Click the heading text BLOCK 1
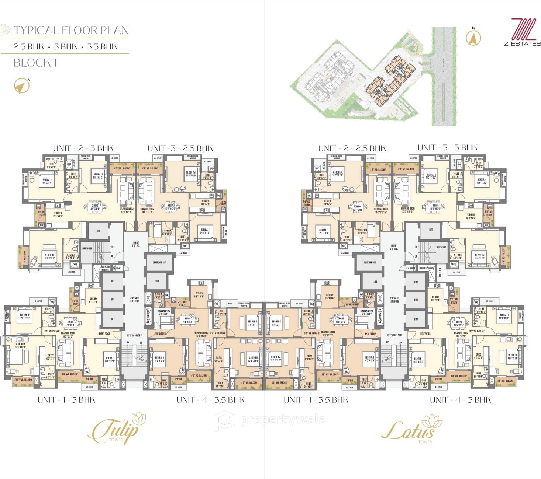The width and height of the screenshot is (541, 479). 35,63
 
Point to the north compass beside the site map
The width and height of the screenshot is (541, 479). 473,37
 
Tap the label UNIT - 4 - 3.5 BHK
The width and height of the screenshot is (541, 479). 210,400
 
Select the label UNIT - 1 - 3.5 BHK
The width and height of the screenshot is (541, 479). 316,400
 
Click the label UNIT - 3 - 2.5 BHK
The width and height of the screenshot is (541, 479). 180,148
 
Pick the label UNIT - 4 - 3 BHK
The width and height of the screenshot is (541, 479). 460,400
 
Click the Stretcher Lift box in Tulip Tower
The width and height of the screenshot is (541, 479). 159,262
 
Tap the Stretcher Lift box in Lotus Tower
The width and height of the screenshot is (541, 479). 369,262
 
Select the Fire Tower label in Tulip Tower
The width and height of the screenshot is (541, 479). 87,249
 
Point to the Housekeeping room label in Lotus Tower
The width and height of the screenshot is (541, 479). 367,312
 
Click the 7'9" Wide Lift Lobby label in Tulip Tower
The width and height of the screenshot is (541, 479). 134,300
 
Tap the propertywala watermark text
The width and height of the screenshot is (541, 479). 283,420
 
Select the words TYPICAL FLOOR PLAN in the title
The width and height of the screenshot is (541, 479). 71,31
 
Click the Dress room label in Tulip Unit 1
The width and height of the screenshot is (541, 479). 50,357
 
